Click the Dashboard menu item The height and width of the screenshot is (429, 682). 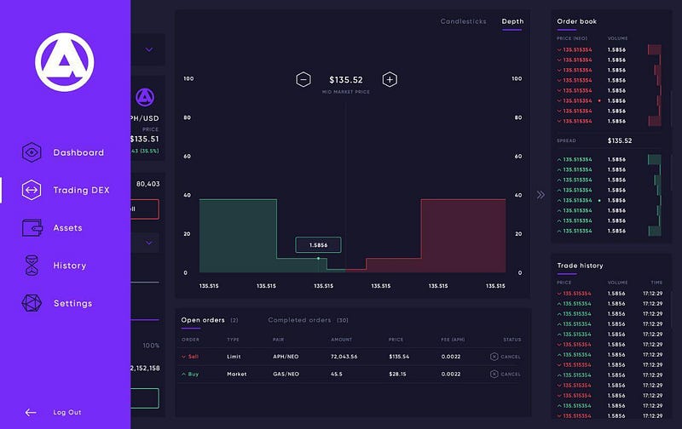point(78,153)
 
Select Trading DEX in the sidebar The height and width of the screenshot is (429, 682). point(81,191)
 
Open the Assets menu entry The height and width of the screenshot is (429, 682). point(67,228)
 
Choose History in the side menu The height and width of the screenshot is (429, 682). point(69,266)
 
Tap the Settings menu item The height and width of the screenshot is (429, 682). point(72,303)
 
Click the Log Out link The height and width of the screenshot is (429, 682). point(66,413)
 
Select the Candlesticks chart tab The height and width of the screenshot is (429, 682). point(464,21)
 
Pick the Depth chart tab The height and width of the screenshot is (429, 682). point(512,21)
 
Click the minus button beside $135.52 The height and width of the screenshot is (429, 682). point(303,79)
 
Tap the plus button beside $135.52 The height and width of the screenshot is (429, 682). point(390,79)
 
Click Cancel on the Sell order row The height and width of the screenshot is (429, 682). point(506,357)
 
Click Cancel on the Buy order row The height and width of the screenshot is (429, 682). point(506,374)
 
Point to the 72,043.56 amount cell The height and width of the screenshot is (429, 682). point(344,357)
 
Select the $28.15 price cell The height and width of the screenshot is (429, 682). point(398,374)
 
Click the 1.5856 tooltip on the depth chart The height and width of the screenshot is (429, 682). point(318,244)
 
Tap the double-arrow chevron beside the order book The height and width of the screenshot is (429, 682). point(540,195)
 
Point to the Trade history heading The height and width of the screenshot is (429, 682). point(580,266)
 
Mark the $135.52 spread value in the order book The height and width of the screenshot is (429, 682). point(620,140)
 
